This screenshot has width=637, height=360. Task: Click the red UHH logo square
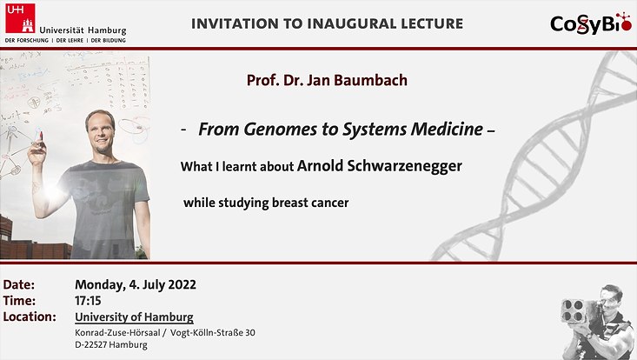point(20,18)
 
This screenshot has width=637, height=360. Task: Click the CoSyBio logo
point(591,23)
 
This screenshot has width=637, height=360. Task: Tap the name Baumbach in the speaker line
point(370,80)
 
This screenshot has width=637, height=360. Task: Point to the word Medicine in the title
point(447,130)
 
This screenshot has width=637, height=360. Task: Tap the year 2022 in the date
point(182,284)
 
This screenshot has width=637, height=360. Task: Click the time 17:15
point(88,301)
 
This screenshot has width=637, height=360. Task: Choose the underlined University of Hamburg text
point(134,317)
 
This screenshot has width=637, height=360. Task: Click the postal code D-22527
point(90,345)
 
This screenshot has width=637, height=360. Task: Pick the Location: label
point(30,317)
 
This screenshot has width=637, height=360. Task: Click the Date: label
point(19,284)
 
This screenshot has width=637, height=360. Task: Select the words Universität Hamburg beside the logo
point(83,30)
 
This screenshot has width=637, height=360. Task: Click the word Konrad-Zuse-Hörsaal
point(117,332)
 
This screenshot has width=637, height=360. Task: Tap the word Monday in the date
point(100,285)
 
